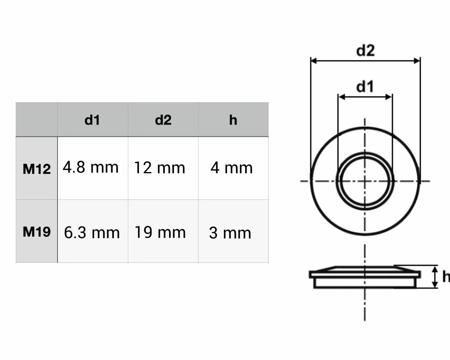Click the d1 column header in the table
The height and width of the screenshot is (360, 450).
click(92, 120)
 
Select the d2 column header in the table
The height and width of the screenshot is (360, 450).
click(163, 120)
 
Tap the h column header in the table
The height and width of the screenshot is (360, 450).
click(233, 120)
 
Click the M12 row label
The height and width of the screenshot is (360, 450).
click(37, 169)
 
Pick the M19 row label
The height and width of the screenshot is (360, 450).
click(37, 232)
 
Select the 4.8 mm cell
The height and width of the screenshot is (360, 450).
click(91, 167)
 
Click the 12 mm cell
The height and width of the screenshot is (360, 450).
click(160, 168)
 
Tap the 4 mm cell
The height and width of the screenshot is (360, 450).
click(232, 168)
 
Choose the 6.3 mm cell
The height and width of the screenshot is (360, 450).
click(92, 233)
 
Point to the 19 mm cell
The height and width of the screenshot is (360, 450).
click(160, 232)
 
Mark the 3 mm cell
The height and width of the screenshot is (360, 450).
click(230, 233)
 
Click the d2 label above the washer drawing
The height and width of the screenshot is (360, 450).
click(365, 51)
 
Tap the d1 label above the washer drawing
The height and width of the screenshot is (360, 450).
click(365, 87)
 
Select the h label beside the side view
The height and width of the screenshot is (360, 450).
click(446, 276)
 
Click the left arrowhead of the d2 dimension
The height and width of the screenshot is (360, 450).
click(313, 61)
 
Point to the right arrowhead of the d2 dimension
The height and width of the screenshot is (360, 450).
click(417, 61)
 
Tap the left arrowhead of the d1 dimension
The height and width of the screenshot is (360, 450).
click(341, 97)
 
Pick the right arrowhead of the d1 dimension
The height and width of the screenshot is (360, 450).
click(389, 97)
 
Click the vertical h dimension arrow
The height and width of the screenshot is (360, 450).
click(435, 277)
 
